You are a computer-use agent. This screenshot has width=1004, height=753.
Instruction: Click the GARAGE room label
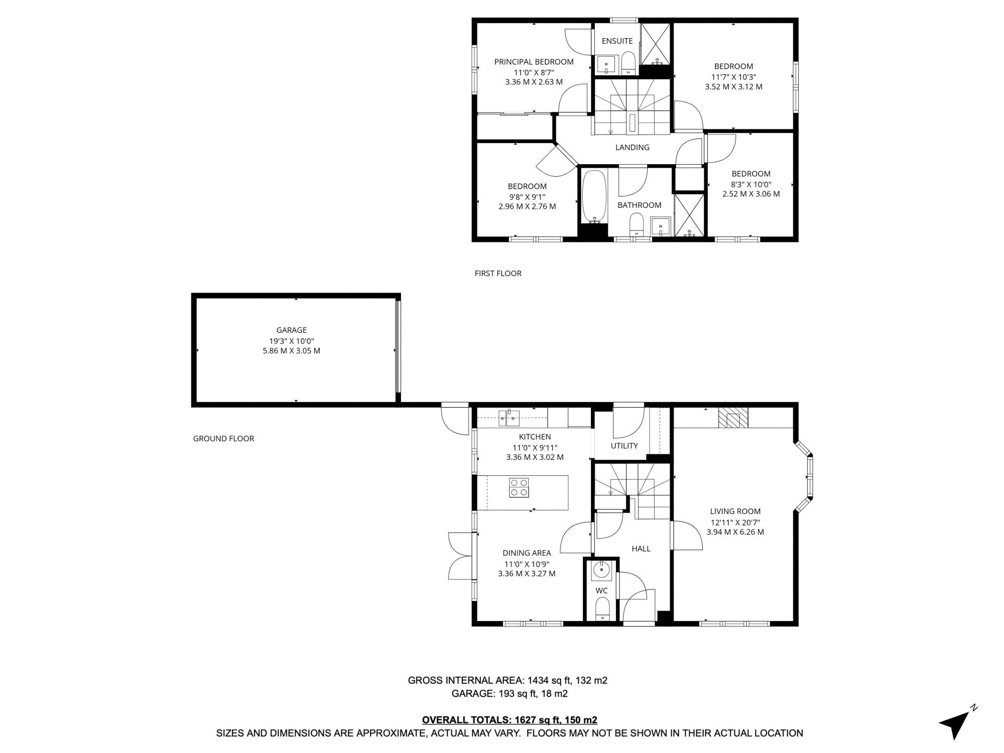[291, 330]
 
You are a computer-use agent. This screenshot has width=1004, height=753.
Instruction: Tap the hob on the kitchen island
[519, 487]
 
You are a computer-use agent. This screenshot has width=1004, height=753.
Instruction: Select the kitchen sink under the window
[509, 417]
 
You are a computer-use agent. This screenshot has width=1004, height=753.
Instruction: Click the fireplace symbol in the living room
[733, 418]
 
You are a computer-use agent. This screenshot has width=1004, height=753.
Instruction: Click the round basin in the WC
[600, 570]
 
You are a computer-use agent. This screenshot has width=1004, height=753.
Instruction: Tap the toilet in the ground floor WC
[601, 610]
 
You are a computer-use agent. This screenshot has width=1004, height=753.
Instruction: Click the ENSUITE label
[617, 41]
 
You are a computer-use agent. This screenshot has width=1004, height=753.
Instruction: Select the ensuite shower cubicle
[656, 44]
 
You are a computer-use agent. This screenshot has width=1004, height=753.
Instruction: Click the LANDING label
[633, 147]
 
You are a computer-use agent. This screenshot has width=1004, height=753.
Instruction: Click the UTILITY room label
[624, 446]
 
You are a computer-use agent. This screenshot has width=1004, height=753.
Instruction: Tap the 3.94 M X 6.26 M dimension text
[735, 532]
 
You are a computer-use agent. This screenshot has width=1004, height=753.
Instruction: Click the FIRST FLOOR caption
[498, 273]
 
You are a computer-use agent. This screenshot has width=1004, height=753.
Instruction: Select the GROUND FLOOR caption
[223, 438]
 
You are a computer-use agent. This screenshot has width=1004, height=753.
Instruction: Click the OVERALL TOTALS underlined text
[510, 720]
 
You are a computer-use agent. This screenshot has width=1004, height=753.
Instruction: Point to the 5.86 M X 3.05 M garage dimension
[291, 351]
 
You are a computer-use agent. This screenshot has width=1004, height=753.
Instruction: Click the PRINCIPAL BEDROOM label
[534, 62]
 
